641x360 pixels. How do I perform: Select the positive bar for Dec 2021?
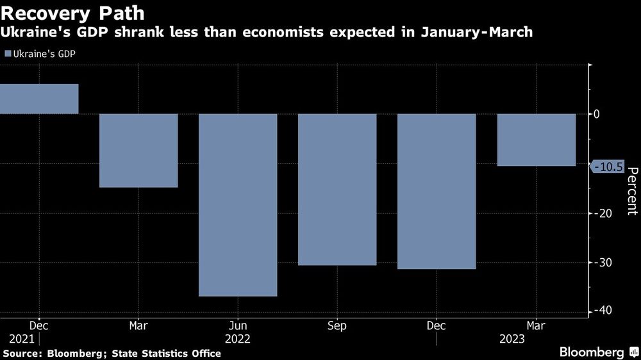(x=39, y=99)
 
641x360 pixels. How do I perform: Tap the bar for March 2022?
(x=138, y=151)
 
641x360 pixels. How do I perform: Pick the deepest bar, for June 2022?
(x=238, y=205)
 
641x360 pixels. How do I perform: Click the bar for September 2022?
(x=337, y=190)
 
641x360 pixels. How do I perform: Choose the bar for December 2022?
(x=437, y=192)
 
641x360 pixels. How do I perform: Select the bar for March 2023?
(x=536, y=140)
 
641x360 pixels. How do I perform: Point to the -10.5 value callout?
(x=608, y=167)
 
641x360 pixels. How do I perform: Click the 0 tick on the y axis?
(x=596, y=114)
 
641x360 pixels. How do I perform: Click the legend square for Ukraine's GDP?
(x=8, y=54)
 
